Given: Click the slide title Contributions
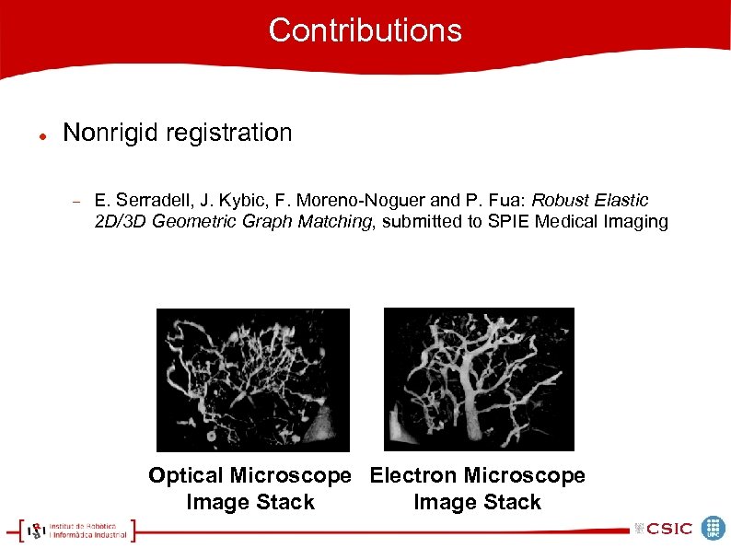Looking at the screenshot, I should click(x=365, y=30).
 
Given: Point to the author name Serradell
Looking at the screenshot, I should click(x=150, y=201).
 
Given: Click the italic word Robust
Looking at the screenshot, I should click(x=560, y=201).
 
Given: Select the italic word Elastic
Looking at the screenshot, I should click(x=623, y=201).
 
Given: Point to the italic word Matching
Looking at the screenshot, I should click(x=339, y=222).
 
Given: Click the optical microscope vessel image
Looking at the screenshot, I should click(x=253, y=379).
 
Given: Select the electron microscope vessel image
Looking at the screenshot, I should click(x=479, y=379).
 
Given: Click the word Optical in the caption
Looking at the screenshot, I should click(x=186, y=476).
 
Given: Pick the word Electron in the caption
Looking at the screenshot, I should click(x=413, y=476).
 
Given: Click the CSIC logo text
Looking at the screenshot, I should click(x=669, y=529).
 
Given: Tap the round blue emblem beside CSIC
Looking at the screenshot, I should click(x=714, y=528).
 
